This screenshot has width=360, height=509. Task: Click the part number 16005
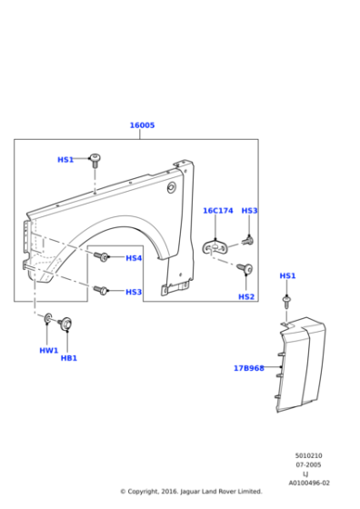tap(142, 125)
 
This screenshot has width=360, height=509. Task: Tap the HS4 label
tap(134, 258)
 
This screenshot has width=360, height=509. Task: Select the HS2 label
tap(246, 296)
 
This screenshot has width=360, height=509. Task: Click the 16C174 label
tap(217, 211)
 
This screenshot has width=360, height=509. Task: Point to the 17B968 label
tap(248, 368)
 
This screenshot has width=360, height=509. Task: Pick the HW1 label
tap(48, 350)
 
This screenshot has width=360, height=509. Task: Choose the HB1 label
tap(69, 358)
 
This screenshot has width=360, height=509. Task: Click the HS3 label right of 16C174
tap(249, 211)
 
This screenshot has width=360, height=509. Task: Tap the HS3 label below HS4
tap(134, 292)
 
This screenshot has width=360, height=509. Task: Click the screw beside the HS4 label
tap(105, 257)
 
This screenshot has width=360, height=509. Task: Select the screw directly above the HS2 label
tap(243, 268)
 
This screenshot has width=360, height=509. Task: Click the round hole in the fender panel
tap(171, 187)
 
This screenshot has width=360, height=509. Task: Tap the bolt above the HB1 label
tap(65, 323)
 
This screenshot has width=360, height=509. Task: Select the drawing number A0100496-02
tap(309, 484)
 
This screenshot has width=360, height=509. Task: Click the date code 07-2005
tap(308, 464)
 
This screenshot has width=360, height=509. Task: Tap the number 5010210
tap(308, 455)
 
